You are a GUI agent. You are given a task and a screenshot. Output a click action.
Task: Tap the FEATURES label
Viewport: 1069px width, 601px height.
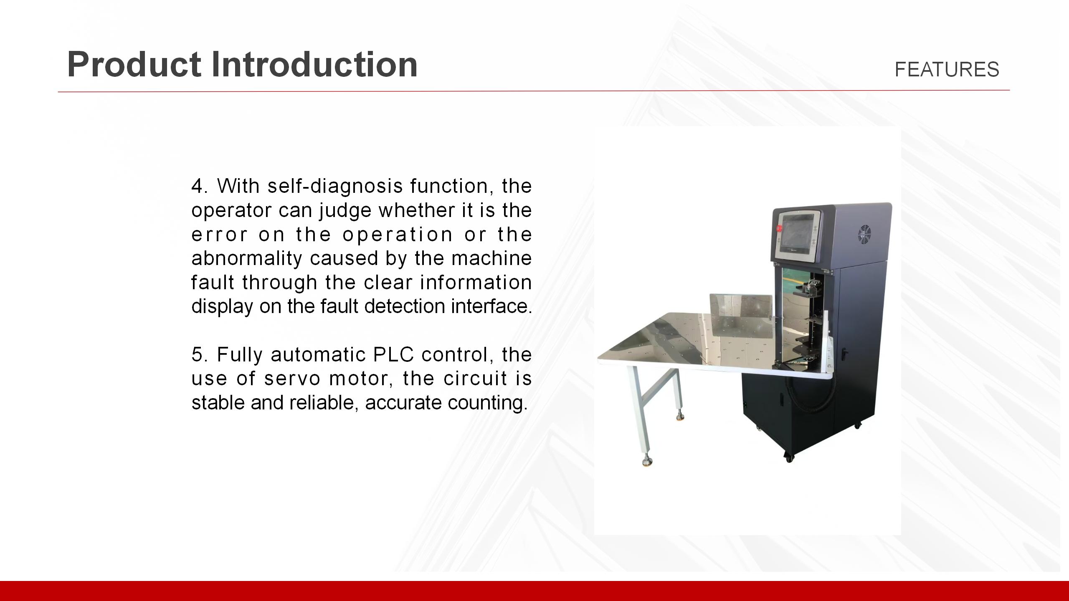pos(947,69)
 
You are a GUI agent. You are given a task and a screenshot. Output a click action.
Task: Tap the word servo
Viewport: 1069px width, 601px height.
pos(292,379)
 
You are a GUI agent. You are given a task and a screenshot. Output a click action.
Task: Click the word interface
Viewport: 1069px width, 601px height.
pos(491,306)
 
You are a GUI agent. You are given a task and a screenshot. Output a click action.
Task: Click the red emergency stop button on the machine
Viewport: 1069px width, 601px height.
pos(778,228)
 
